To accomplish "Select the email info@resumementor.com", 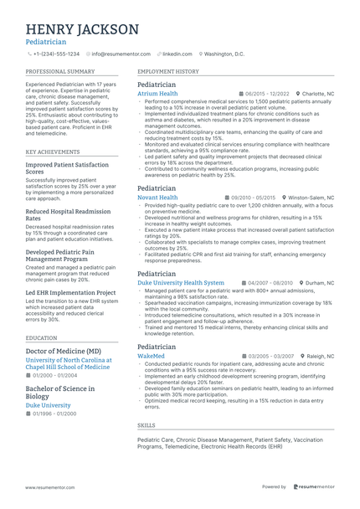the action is [121, 54].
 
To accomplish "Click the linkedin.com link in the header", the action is [177, 54].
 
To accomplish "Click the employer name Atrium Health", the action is [157, 94].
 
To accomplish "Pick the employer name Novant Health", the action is [157, 198].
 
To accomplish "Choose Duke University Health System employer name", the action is [181, 283].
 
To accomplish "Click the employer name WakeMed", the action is [151, 356].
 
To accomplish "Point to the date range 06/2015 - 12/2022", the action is [267, 94].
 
